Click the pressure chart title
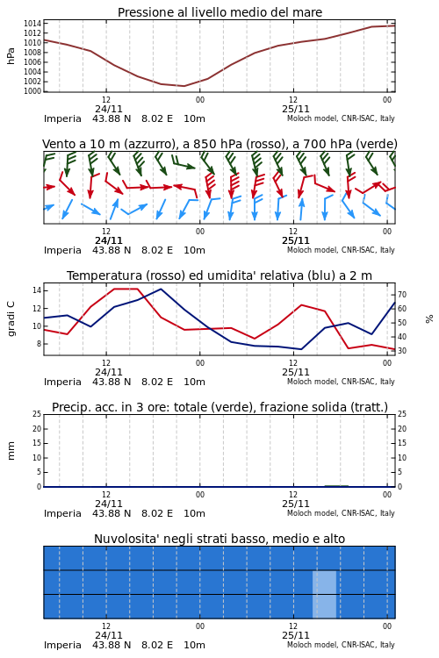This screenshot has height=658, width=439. pos(219,12)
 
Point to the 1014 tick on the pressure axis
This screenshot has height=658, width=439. pos(32,23)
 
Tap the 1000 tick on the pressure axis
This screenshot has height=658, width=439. pos(32,91)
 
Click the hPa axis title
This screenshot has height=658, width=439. pos(11,56)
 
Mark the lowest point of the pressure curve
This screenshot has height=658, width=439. pos(184,86)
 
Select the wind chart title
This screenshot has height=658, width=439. pos(219,144)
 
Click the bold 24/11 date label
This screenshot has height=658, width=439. pos(108,240)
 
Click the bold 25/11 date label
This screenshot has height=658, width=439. pos(296,240)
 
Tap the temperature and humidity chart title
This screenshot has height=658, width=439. pos(219,275)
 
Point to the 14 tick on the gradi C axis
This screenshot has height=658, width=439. pos(36,290)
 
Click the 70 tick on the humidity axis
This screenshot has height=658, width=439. pos(402,295)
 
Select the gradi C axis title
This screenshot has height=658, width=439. pos(11,318)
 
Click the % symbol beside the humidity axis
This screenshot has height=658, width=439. pos(429,319)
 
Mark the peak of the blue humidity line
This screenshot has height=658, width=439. pos(161,289)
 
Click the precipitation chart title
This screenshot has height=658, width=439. pos(219,407)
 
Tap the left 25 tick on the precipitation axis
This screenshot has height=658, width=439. pos(37,414)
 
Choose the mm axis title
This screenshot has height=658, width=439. pos(11,451)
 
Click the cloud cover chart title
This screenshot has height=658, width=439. pos(219,539)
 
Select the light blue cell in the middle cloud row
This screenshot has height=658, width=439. pos(324,582)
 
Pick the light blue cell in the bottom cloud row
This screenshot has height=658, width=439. pos(324,606)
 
